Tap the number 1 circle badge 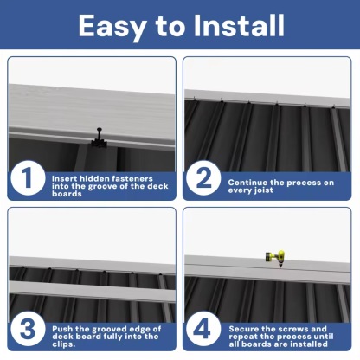(27, 180)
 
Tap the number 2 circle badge (203, 180)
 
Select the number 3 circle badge (27, 331)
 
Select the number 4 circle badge (203, 331)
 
